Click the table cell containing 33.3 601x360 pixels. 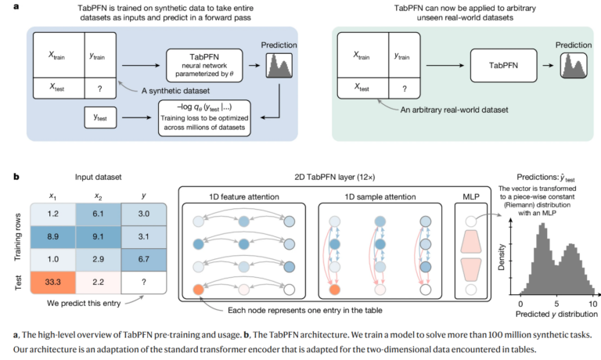pos(53,283)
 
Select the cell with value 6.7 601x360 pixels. pos(144,260)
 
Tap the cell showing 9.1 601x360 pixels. pos(98,237)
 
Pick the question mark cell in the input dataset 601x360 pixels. pos(144,283)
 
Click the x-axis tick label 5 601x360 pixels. pos(556,304)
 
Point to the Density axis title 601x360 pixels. pos(501,257)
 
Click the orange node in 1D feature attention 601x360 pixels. pos(198,290)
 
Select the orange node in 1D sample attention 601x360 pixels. pos(335,290)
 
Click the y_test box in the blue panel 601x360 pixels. pos(100,117)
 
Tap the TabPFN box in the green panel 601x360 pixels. pos(503,66)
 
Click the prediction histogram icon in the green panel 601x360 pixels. pos(574,66)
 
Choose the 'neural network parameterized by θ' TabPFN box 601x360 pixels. pos(204,66)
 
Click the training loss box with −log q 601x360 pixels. pos(204,118)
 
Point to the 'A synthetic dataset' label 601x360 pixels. pos(175,91)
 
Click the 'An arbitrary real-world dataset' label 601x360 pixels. pos(454,110)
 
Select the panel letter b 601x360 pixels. pos(16,177)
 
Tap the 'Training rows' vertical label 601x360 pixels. pos(18,237)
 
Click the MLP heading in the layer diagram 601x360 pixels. pos(470,196)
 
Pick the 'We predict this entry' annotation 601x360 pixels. pos(84,303)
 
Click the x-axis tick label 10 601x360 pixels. pos(592,304)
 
